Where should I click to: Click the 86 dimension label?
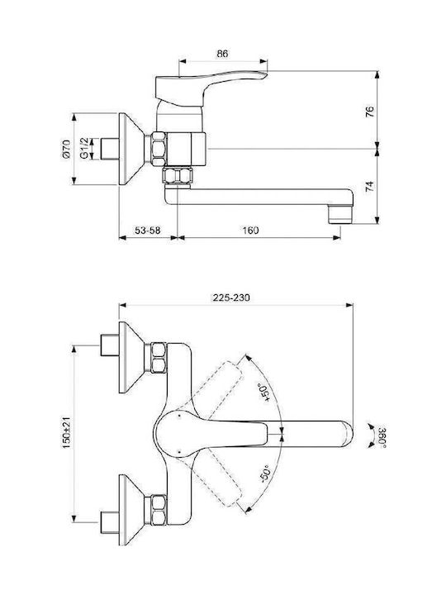[223, 54]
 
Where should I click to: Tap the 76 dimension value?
[370, 112]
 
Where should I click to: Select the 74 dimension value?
[370, 186]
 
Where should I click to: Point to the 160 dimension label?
[250, 231]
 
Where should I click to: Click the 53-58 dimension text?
[148, 231]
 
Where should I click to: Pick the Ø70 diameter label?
[66, 149]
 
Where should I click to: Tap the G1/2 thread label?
[84, 149]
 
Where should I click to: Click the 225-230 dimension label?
[231, 297]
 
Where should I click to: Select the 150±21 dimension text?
[67, 432]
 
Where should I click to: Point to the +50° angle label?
[266, 392]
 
